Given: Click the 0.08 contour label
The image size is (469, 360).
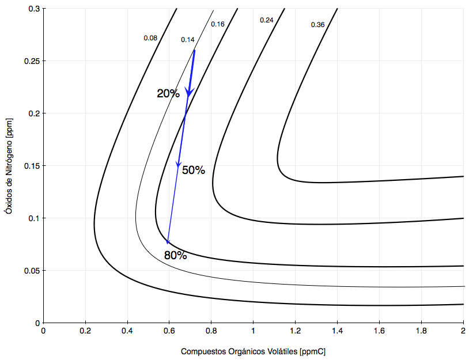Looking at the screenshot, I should (150, 38).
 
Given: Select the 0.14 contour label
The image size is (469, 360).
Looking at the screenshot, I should (188, 40).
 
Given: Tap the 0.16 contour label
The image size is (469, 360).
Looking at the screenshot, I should (218, 24).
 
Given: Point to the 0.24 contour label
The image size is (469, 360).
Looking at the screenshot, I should (267, 20).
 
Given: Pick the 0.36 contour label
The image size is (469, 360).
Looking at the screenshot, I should (317, 25).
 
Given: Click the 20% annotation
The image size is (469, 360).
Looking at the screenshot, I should (168, 93).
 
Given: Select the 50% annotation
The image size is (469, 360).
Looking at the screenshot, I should (194, 170).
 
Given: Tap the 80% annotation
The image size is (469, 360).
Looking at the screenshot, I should (175, 255).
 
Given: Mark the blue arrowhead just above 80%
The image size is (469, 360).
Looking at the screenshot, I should (168, 241).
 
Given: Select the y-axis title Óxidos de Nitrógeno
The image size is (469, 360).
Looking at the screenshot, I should (8, 167).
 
